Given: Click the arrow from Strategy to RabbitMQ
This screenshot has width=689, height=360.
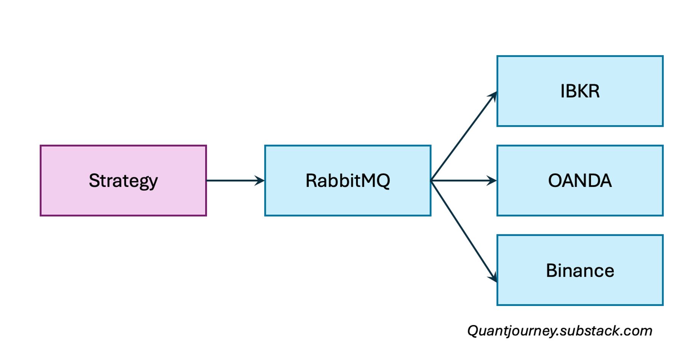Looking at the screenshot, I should tap(232, 180).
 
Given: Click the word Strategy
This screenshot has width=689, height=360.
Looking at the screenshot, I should tap(123, 180).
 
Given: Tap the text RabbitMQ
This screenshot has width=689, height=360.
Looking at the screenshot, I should tap(348, 180).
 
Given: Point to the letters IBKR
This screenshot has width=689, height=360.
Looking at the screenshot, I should tap(580, 91).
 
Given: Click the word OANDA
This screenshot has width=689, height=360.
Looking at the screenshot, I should tap(580, 180).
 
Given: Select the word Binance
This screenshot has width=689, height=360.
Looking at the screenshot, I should tap(580, 271).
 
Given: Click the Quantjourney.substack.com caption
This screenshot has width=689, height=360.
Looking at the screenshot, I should tap(560, 331).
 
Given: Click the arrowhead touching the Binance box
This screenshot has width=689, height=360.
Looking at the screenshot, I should tap(493, 277).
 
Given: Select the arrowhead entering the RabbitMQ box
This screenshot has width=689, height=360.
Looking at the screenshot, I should tap(260, 180).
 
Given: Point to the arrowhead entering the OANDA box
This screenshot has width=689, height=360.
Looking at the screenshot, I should tap(492, 180).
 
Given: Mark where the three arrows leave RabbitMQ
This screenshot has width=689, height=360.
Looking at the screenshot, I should tap(432, 180).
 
